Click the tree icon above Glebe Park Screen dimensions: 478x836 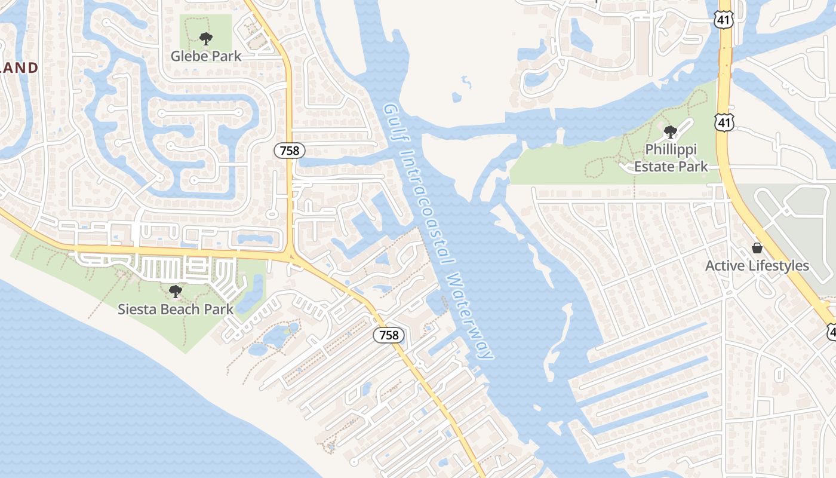(x=206, y=39)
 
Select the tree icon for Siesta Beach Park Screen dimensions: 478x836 (x=175, y=292)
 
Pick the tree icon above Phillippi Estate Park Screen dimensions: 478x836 (x=670, y=131)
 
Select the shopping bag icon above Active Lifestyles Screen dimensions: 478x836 (x=757, y=248)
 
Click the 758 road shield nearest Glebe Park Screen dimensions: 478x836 (x=290, y=151)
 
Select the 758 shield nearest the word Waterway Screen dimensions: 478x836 (x=389, y=335)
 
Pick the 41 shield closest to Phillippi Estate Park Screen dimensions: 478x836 (x=724, y=123)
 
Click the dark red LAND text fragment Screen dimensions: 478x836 (x=19, y=68)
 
